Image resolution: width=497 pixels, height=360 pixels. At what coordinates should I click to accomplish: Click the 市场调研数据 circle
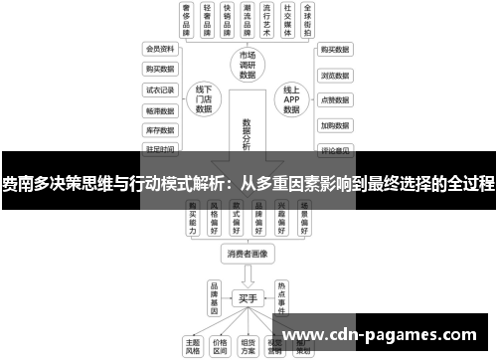[248, 64]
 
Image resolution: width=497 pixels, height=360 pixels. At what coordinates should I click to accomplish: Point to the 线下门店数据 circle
[205, 100]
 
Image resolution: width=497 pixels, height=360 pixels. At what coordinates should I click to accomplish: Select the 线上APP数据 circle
[291, 100]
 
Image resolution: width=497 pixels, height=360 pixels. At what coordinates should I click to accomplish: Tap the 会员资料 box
[159, 48]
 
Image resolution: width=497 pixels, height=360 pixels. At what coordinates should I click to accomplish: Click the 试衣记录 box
[159, 90]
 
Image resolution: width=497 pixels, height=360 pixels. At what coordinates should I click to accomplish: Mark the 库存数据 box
[159, 130]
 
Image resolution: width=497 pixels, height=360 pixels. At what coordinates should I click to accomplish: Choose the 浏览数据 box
[335, 75]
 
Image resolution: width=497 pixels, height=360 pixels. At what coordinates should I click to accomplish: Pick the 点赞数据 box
[335, 100]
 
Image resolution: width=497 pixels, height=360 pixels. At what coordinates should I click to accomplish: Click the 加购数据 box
[335, 126]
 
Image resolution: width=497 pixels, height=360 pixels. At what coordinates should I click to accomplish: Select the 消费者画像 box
[247, 255]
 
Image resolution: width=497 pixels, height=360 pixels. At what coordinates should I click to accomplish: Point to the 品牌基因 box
[213, 296]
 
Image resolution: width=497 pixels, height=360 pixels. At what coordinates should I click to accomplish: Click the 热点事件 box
[282, 296]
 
